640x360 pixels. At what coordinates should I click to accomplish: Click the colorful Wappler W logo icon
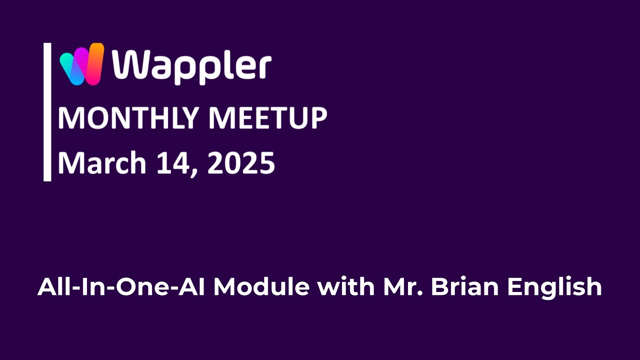tap(81, 64)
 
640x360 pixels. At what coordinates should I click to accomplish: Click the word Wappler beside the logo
tap(191, 66)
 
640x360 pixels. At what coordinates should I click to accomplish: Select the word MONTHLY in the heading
tap(128, 118)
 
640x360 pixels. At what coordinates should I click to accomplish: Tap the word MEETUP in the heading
tap(267, 118)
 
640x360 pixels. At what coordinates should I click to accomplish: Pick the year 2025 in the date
tap(241, 163)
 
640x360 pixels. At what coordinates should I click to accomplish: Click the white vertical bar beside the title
tap(47, 111)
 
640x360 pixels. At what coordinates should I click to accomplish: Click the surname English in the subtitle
tap(554, 288)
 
